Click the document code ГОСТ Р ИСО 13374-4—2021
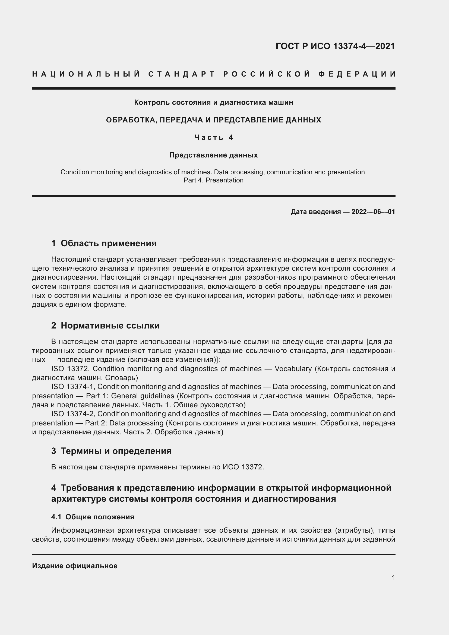335,46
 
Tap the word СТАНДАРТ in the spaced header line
182,74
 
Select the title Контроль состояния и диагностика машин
213,103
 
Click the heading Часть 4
214,137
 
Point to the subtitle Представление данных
213,155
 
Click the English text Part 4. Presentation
213,180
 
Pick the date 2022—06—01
373,212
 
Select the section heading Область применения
108,243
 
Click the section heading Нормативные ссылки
110,326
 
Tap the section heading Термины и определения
116,451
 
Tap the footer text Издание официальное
75,566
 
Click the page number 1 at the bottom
393,577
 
